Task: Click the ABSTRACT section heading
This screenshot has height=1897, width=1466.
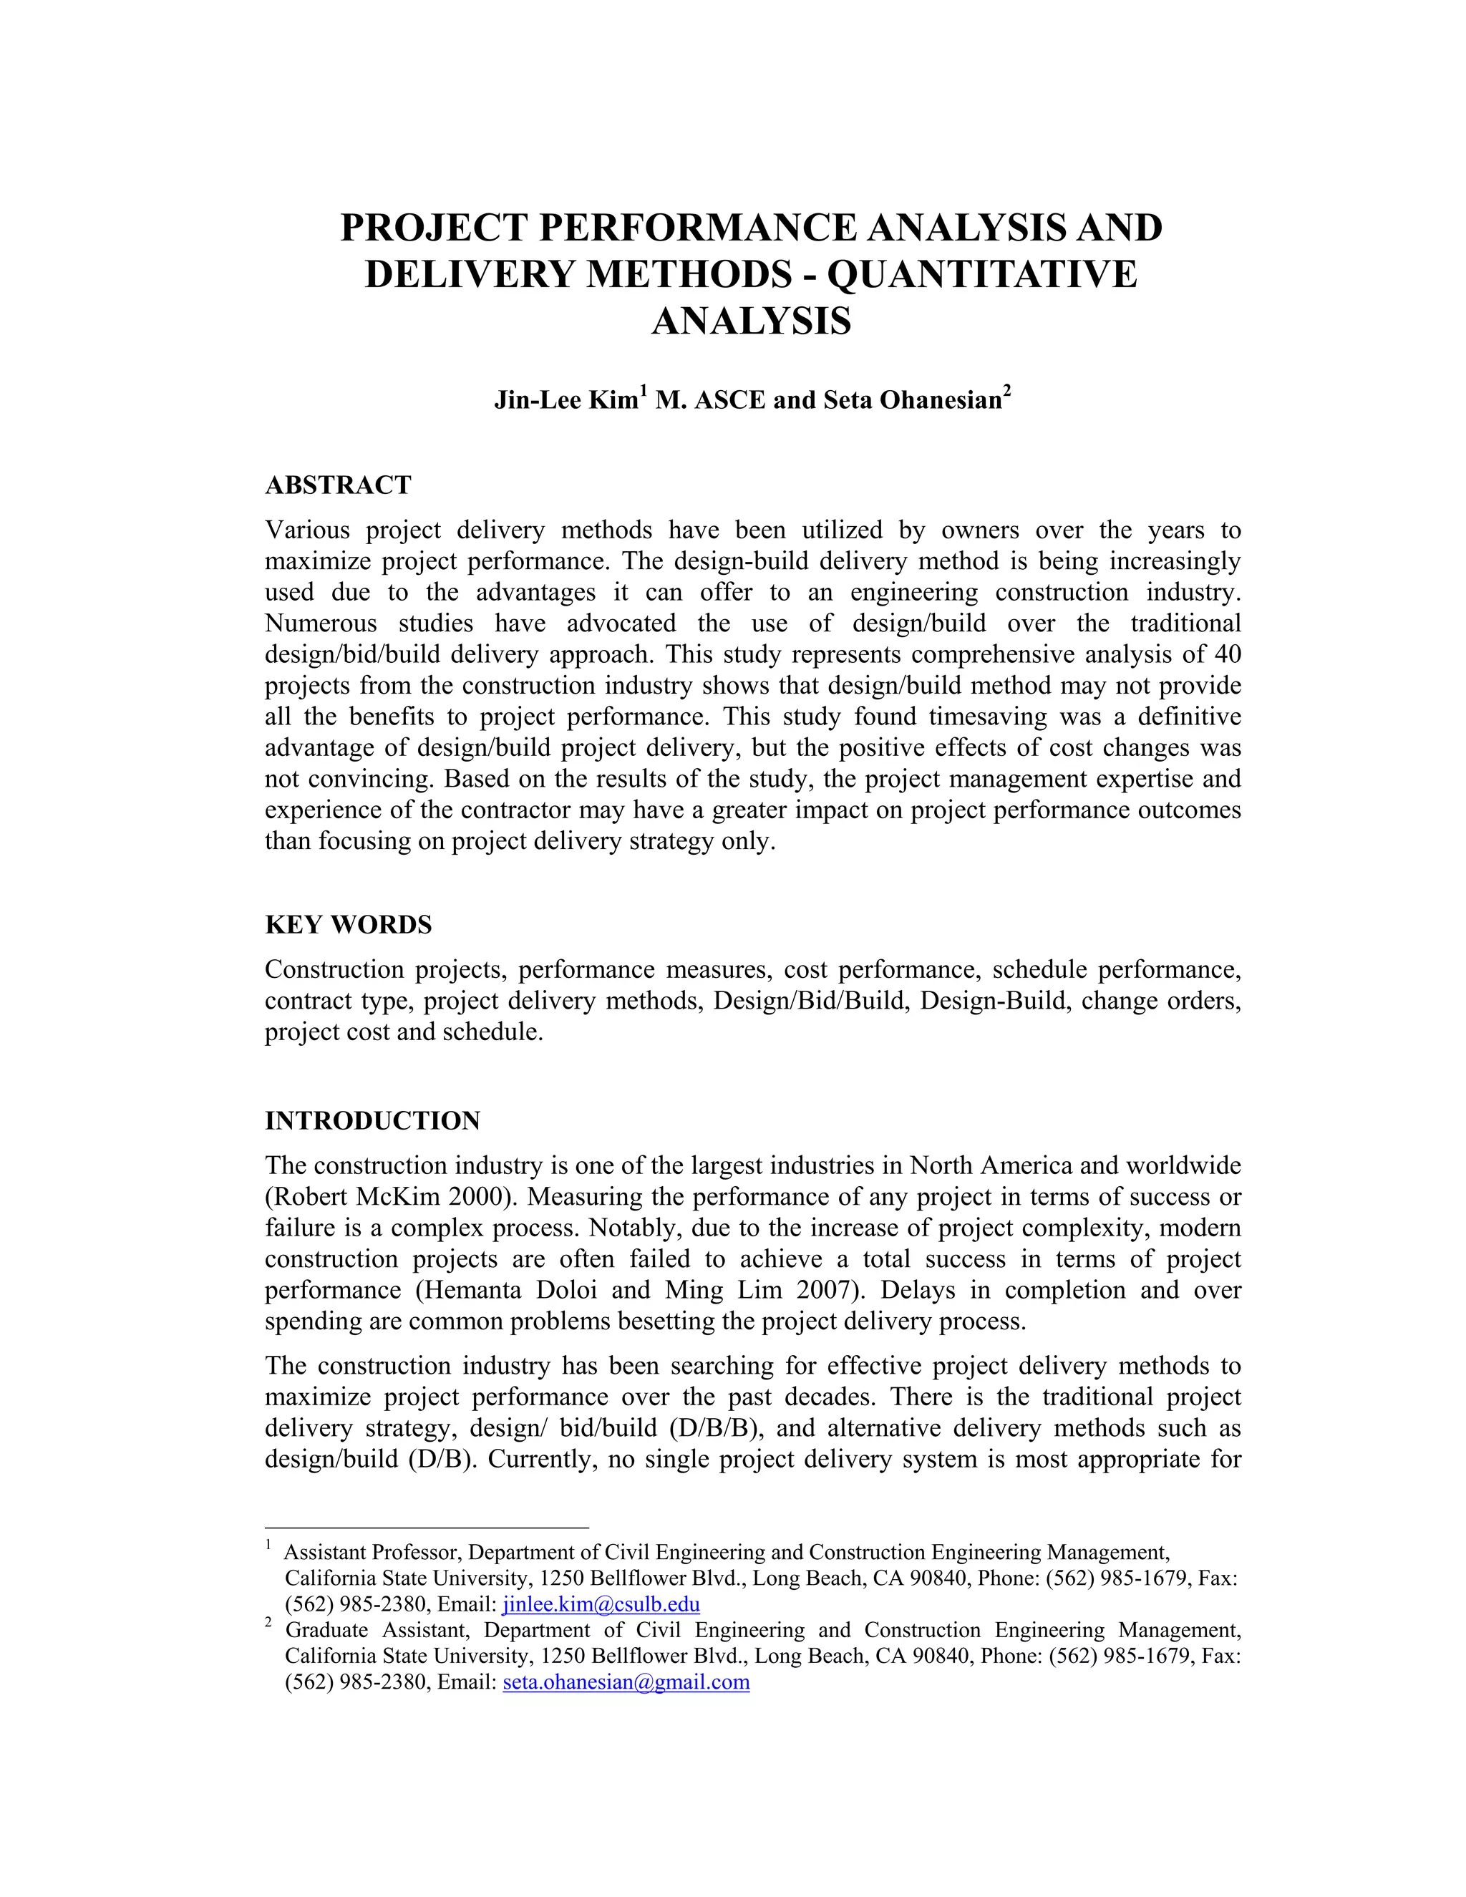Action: (x=338, y=485)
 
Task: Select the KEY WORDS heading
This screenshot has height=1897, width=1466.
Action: (x=349, y=924)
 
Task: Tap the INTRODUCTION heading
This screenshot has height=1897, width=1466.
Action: (x=372, y=1120)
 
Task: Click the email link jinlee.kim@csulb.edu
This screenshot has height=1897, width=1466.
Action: (x=601, y=1604)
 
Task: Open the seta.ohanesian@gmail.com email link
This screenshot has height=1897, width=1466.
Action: (x=626, y=1682)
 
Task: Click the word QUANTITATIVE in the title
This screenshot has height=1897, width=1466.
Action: (x=981, y=274)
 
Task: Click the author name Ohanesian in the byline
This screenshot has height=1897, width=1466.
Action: (x=941, y=399)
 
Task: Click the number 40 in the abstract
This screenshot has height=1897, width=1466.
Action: (x=1227, y=654)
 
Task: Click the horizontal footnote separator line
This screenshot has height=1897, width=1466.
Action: (x=427, y=1527)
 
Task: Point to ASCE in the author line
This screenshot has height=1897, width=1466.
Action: (x=722, y=399)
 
